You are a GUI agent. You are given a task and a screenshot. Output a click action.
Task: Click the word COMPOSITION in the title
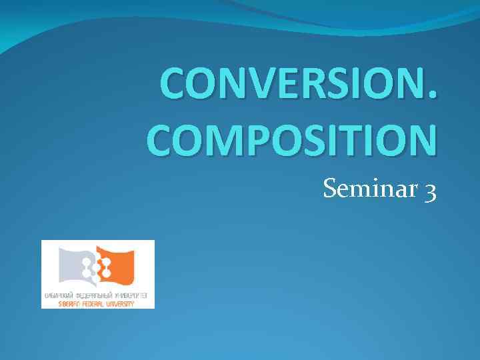click(293, 139)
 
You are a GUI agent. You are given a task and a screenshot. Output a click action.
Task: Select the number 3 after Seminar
click(430, 192)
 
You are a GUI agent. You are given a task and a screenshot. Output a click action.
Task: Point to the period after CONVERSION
click(435, 98)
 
